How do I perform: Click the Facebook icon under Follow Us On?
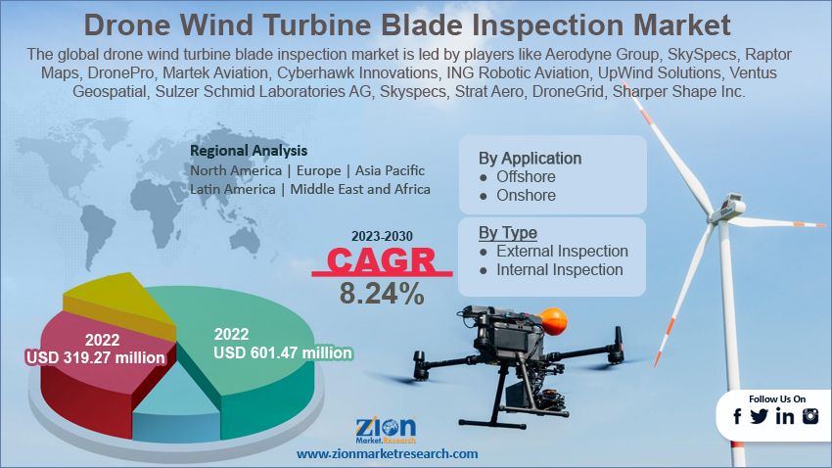tap(738, 416)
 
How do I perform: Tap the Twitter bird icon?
tap(760, 416)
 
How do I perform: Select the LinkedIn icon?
tap(785, 416)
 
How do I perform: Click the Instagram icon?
tap(810, 416)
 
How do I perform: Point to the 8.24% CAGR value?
tap(382, 294)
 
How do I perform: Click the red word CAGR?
tap(381, 260)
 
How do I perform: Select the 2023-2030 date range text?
tap(382, 236)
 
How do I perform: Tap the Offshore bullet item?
tap(518, 176)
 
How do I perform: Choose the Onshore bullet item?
tap(518, 195)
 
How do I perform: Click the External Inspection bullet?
tap(553, 251)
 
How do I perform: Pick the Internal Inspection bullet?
tap(551, 269)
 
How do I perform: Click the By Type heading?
tap(508, 233)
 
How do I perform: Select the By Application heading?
tap(531, 159)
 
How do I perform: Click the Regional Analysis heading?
tap(249, 151)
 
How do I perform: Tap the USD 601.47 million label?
tap(283, 352)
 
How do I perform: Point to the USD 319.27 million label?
tap(96, 357)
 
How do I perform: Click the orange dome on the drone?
tap(552, 320)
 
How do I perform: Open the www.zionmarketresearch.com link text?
tap(387, 454)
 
